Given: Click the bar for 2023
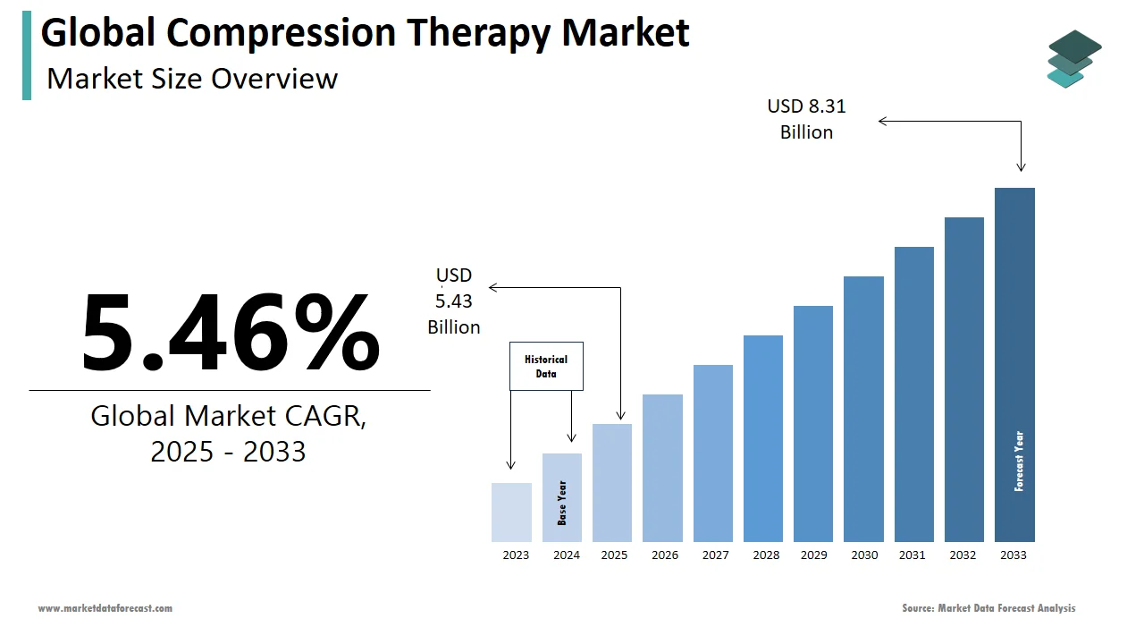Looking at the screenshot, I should point(511,513).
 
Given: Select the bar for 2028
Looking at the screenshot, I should point(763,438).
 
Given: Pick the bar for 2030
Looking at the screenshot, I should point(863,409).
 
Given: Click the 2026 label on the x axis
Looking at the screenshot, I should point(665,555).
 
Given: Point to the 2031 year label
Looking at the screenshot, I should point(913,555).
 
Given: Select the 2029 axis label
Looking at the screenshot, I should point(813,555).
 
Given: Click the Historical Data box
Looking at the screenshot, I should point(546,366).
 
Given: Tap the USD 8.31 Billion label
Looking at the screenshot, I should point(806,119).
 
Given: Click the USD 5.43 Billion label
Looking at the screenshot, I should point(454,301).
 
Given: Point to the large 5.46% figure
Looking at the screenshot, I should point(231,331).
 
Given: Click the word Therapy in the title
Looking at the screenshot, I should point(478,33).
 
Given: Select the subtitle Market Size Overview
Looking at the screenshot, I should point(192,79).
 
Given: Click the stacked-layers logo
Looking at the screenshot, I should point(1073,59).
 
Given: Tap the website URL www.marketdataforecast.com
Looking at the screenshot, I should point(105,608).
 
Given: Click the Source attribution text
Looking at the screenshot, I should point(988,608).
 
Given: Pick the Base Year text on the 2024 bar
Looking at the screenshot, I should point(562,503).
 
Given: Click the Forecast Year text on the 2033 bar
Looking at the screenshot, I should point(1019,462).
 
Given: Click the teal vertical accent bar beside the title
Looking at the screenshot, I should point(27,55).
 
